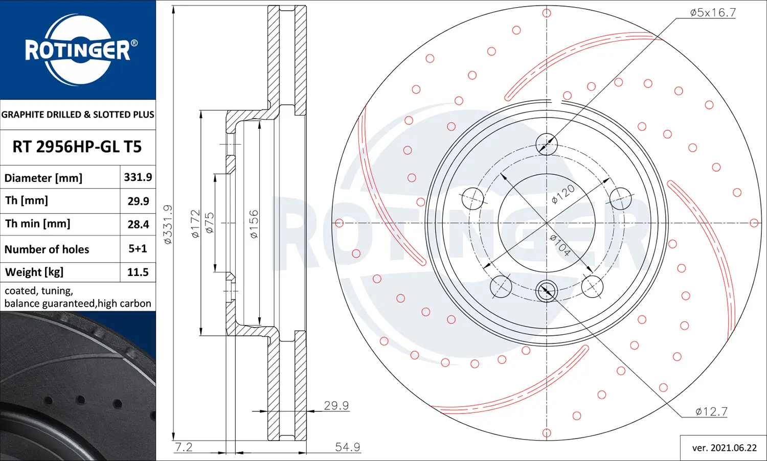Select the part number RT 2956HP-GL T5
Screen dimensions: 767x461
[x=77, y=147]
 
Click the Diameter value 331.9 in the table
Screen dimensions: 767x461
[x=138, y=177]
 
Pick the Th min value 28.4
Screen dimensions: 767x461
[x=139, y=224]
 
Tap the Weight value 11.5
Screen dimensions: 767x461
[x=138, y=272]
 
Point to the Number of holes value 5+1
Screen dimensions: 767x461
[x=138, y=248]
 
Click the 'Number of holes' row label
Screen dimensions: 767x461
[x=47, y=249]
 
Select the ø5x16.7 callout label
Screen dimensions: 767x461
[x=713, y=13]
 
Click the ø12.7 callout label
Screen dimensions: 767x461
[x=711, y=411]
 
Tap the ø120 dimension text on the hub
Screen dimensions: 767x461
[x=563, y=194]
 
